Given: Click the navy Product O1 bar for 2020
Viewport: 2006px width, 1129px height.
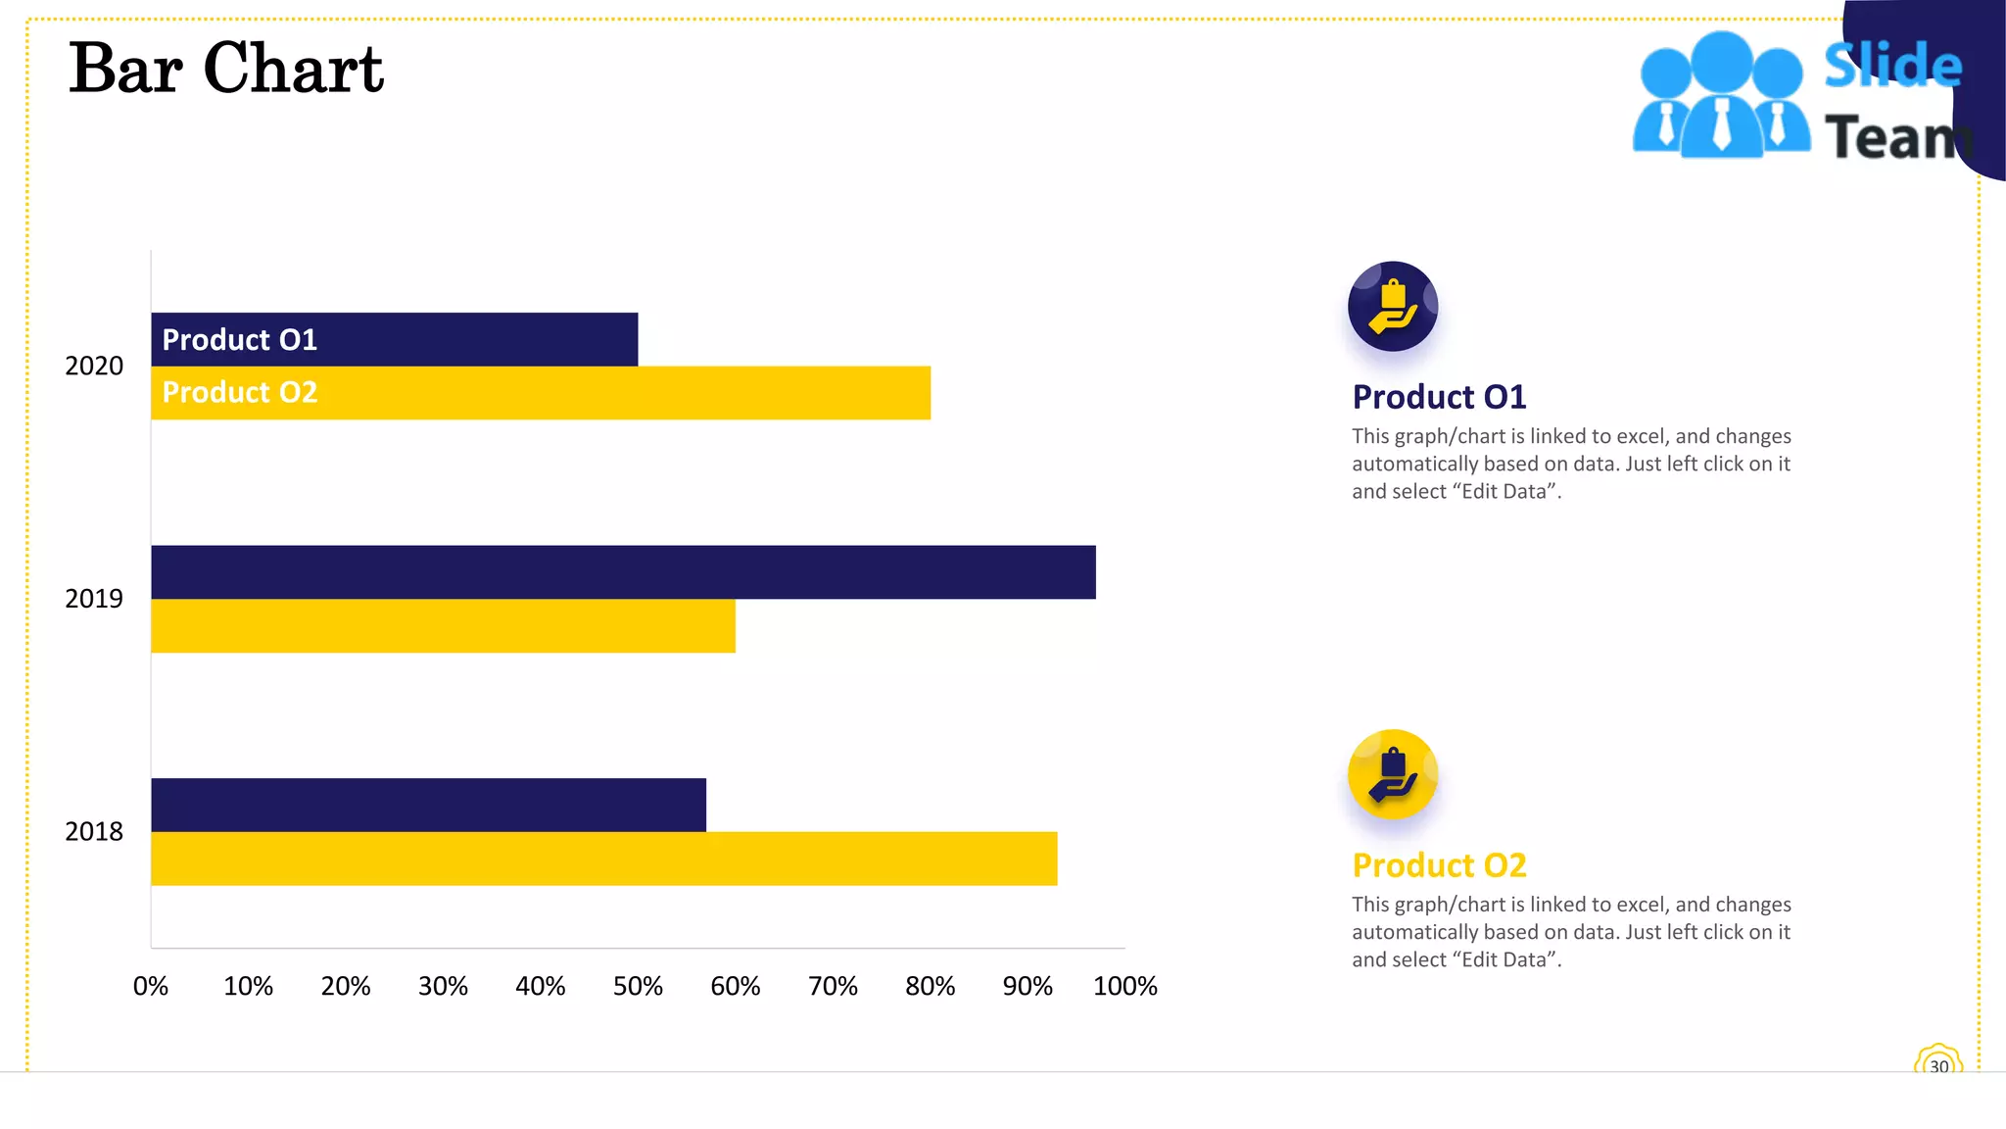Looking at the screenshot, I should point(394,339).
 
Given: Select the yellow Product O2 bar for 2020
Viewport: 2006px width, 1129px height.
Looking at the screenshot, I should point(541,393).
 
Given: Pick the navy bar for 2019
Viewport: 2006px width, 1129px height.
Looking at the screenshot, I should point(623,571).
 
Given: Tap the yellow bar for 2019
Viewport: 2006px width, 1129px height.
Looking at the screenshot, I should point(443,625).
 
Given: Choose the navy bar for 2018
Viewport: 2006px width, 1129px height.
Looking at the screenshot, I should point(428,805).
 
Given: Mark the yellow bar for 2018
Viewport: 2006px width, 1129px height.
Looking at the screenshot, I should point(603,859).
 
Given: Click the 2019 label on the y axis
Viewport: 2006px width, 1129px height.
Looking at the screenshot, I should point(94,599).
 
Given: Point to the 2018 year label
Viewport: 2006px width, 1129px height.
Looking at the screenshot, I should point(94,832).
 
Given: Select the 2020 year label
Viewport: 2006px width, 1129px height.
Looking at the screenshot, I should point(94,367).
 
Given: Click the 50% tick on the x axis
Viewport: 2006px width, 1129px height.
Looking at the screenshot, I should point(638,986).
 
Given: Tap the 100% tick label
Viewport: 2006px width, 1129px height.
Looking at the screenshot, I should point(1124,986).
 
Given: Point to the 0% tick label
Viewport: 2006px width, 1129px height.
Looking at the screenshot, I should point(151,986).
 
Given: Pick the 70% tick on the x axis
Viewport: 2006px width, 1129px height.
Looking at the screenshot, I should point(833,986).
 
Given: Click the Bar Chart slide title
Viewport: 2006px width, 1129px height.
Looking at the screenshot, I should point(226,69).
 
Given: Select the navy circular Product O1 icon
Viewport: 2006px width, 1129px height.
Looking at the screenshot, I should point(1392,306).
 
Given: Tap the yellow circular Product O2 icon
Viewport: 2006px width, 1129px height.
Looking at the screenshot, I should point(1392,774).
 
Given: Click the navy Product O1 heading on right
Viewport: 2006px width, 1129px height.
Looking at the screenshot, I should point(1439,397).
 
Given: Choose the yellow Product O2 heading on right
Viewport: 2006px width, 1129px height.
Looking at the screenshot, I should point(1439,865).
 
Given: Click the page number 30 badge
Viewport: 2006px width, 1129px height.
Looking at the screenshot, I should point(1938,1064).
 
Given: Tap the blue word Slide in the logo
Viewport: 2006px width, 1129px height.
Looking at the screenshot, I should point(1892,66).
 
